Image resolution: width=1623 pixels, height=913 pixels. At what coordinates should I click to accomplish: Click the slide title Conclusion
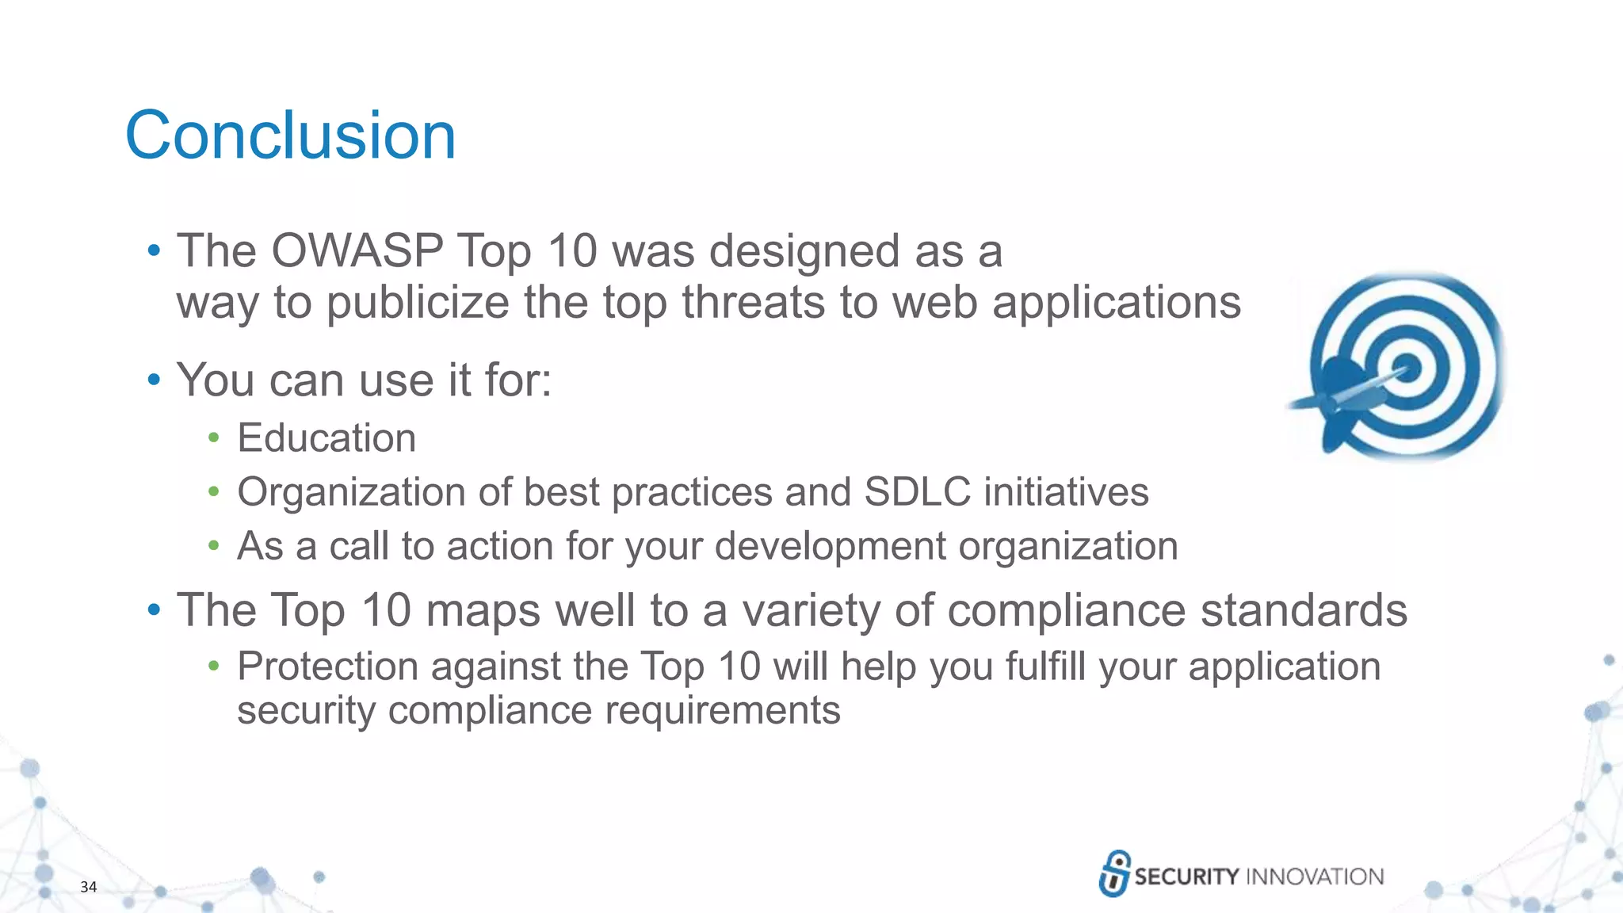(x=290, y=136)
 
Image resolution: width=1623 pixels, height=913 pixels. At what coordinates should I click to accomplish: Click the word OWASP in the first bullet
(x=357, y=251)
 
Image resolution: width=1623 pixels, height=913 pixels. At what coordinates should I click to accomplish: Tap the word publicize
(x=418, y=303)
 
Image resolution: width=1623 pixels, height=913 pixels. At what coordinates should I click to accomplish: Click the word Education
(x=327, y=438)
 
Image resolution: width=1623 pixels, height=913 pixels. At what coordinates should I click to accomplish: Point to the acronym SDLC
(x=917, y=492)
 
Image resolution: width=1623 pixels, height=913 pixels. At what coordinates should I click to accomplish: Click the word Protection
(x=327, y=666)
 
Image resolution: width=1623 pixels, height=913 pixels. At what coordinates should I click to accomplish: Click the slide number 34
(x=89, y=887)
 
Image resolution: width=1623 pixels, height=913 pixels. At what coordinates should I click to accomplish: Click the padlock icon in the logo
(x=1114, y=873)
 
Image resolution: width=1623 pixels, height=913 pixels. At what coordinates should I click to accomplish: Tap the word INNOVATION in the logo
(x=1315, y=877)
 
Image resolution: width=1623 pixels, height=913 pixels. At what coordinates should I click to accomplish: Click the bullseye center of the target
(x=1408, y=368)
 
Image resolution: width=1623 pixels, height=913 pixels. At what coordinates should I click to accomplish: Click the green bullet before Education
(x=213, y=438)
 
